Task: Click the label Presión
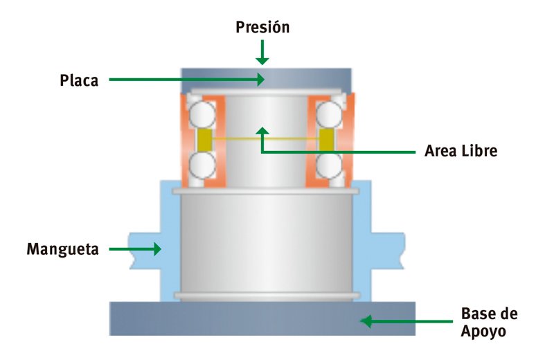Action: [x=262, y=28]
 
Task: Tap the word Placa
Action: [x=78, y=80]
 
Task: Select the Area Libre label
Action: [x=461, y=150]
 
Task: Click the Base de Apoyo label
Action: [x=489, y=322]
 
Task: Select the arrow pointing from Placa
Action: [x=187, y=80]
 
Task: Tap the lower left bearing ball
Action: [x=202, y=165]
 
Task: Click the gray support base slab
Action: [x=262, y=318]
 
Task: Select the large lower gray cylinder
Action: [x=266, y=242]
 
